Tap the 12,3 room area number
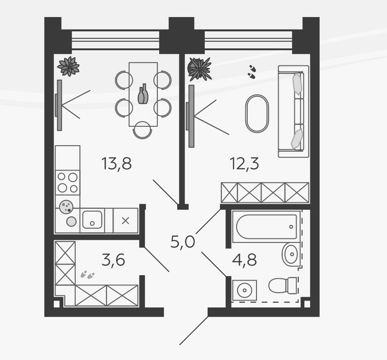pyautogui.click(x=244, y=164)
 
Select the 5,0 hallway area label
pyautogui.click(x=183, y=241)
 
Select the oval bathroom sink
pyautogui.click(x=291, y=254)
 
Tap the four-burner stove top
pyautogui.click(x=67, y=182)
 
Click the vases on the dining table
pyautogui.click(x=143, y=94)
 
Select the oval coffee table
pyautogui.click(x=256, y=113)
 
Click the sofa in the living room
pyautogui.click(x=292, y=111)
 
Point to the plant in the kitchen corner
pyautogui.click(x=69, y=66)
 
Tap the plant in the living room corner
pyautogui.click(x=199, y=69)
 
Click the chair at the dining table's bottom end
pyautogui.click(x=143, y=130)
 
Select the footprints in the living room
pyautogui.click(x=252, y=71)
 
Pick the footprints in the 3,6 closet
pyautogui.click(x=87, y=275)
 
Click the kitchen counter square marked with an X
pyautogui.click(x=125, y=220)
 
